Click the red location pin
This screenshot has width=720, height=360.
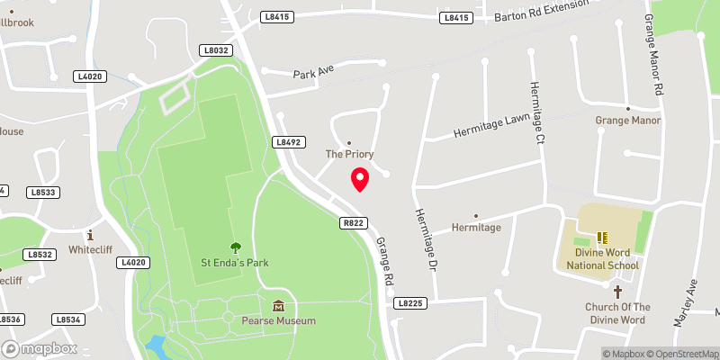point(359,179)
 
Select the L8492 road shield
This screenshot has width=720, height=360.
point(287,142)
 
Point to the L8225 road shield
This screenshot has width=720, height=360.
point(408,304)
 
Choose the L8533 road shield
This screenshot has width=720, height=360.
point(42,192)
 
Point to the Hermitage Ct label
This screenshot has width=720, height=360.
point(537,112)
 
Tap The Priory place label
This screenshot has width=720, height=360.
point(348,155)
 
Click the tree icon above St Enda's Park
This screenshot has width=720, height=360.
point(235,247)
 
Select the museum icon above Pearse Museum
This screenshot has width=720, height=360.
point(278,305)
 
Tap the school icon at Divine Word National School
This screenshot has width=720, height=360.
point(603,238)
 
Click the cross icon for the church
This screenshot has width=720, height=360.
point(617,292)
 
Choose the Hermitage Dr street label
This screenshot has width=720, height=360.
point(425,240)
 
